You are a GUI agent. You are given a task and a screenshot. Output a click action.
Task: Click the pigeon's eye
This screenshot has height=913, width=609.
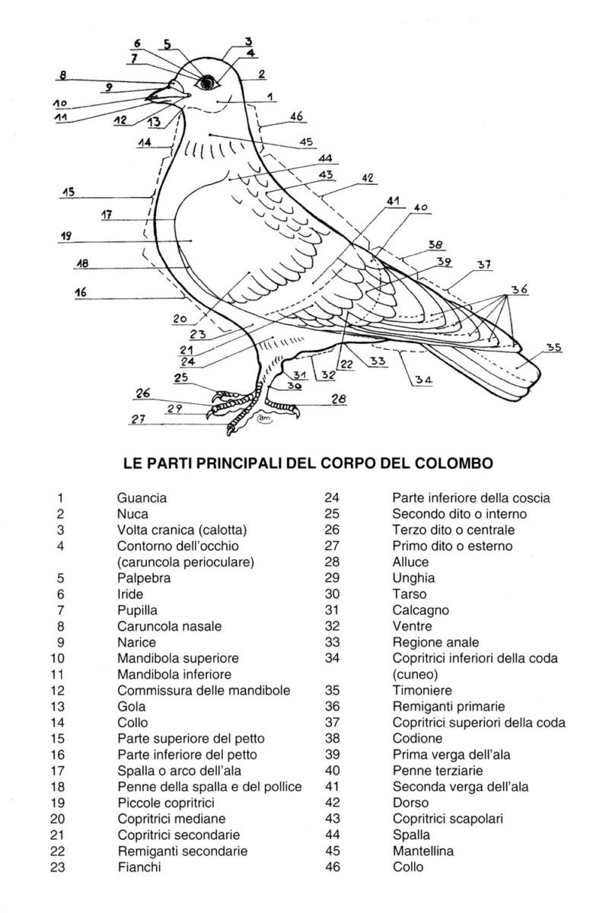pos(206,82)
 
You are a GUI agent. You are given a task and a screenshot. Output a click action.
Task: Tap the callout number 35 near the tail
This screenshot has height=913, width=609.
pos(554,348)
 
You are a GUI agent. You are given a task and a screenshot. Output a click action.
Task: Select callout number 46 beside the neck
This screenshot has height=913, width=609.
pos(297,116)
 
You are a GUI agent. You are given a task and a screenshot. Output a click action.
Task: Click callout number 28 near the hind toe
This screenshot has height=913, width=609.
pos(338,398)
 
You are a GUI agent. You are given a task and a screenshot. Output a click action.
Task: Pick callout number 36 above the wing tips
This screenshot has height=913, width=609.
pos(519,289)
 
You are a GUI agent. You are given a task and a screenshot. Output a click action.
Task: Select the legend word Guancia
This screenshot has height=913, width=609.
pos(142,498)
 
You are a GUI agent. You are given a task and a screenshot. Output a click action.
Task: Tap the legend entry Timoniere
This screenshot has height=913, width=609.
pos(422,691)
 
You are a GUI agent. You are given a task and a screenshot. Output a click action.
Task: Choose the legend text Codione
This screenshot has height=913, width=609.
pos(417,739)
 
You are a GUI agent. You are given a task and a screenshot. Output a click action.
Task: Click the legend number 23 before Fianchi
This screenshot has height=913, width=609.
pos(59,867)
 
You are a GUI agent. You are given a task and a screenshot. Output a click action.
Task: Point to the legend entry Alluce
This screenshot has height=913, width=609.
pos(411,562)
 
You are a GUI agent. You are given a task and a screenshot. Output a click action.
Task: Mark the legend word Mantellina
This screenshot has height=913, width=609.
pos(423,851)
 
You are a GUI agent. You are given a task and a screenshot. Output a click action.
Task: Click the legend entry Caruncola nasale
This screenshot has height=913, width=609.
pos(169,626)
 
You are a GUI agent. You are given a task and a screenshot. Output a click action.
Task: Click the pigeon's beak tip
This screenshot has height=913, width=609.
pos(148,97)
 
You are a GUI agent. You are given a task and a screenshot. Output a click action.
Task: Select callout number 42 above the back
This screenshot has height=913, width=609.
pos(368,178)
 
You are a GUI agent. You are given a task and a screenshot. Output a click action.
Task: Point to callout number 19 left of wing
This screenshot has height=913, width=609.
pos(66,237)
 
